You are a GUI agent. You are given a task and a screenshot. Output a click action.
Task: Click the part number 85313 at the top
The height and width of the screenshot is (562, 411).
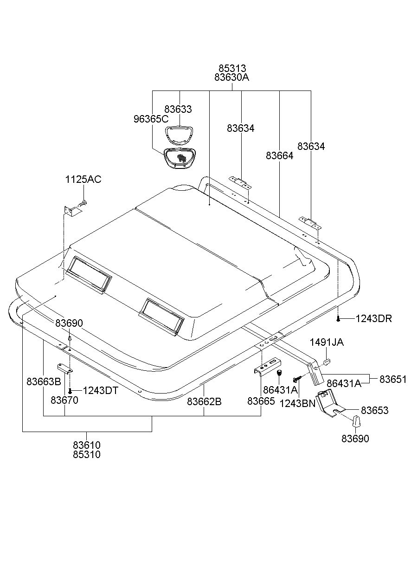tap(232, 69)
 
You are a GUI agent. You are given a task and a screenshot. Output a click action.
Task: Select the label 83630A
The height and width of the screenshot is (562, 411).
tap(232, 78)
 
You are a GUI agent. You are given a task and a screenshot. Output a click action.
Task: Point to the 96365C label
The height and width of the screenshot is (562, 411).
tap(151, 119)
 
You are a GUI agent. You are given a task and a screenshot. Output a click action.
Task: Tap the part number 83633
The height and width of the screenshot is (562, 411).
tap(178, 110)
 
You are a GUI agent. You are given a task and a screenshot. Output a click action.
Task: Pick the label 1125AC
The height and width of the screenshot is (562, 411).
tap(83, 180)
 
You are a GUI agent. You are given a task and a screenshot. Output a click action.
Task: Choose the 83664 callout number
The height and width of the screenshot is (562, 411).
tap(280, 156)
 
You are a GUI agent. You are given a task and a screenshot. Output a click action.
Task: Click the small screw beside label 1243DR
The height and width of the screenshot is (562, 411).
tap(340, 318)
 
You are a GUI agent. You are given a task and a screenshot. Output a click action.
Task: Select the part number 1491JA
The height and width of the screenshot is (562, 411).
tap(327, 342)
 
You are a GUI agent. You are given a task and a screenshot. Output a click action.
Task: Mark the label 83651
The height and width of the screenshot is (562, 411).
tap(392, 379)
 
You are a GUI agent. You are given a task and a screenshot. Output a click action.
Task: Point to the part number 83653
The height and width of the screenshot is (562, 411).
tap(374, 411)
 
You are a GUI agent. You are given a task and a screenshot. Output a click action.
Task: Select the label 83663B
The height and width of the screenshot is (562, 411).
tap(44, 381)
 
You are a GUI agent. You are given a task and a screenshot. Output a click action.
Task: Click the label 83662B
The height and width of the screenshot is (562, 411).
tap(204, 401)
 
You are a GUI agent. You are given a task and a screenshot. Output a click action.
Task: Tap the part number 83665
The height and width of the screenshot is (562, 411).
tap(261, 401)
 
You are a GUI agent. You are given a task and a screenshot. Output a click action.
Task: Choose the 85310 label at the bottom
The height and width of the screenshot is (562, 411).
tap(86, 454)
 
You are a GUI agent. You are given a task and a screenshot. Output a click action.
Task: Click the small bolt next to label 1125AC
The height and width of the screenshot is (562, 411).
tap(83, 203)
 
